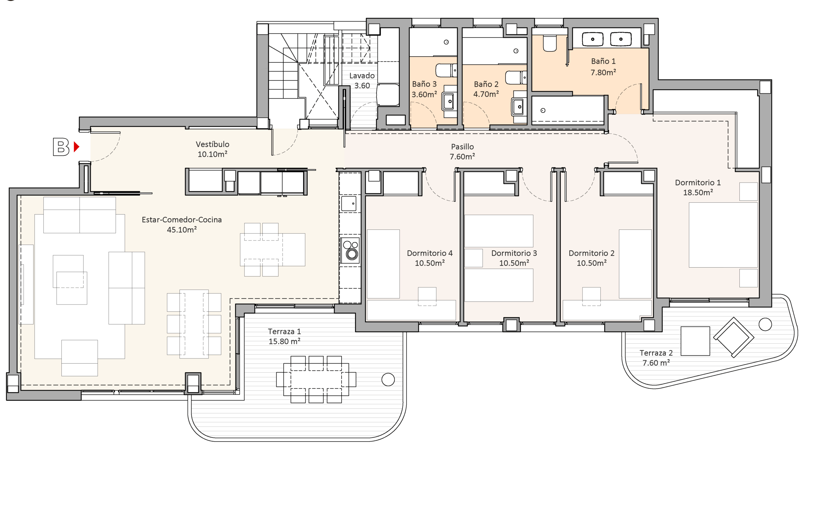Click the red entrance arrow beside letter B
tap(76, 147)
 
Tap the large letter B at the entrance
tap(61, 147)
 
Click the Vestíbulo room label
tap(212, 144)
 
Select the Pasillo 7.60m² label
tap(462, 152)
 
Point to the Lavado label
tap(362, 76)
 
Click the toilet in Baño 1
tap(550, 44)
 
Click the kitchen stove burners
tap(350, 250)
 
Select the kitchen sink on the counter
tap(349, 203)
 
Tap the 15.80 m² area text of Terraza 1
tap(284, 341)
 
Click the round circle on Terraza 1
tap(388, 379)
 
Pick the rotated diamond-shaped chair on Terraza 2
tap(734, 337)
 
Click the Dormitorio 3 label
tap(514, 253)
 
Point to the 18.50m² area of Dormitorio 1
tap(698, 192)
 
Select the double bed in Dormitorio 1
tap(723, 235)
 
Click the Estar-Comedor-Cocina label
tap(181, 220)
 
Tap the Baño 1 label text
tap(603, 61)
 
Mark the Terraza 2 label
tap(656, 353)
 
